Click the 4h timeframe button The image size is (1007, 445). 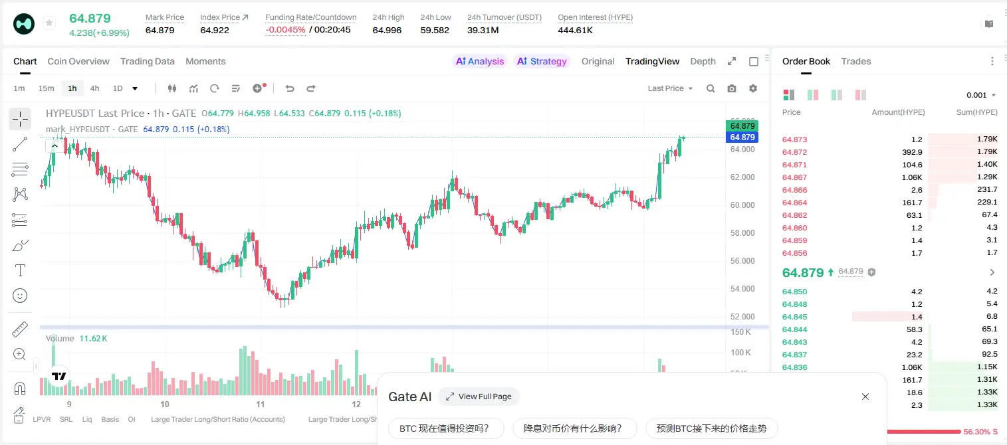(94, 88)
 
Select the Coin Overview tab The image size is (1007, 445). (78, 61)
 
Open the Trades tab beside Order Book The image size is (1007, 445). (856, 61)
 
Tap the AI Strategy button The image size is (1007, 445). (542, 61)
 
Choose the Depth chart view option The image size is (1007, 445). (703, 61)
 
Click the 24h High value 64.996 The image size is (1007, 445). (387, 30)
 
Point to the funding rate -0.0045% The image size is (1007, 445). (285, 30)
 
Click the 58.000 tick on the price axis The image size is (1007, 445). (742, 232)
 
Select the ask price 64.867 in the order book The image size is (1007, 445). (794, 177)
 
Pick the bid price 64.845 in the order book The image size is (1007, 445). (794, 317)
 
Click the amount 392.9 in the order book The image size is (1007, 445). (912, 152)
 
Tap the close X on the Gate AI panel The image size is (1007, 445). (865, 397)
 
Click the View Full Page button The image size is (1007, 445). (479, 397)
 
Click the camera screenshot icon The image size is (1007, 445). (732, 88)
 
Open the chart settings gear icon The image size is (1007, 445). (753, 88)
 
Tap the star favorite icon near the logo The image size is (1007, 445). (49, 23)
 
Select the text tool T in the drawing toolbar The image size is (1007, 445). (20, 270)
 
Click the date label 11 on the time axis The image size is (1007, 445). (261, 404)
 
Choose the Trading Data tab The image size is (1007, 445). (147, 61)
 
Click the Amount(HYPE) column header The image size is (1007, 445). (898, 112)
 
